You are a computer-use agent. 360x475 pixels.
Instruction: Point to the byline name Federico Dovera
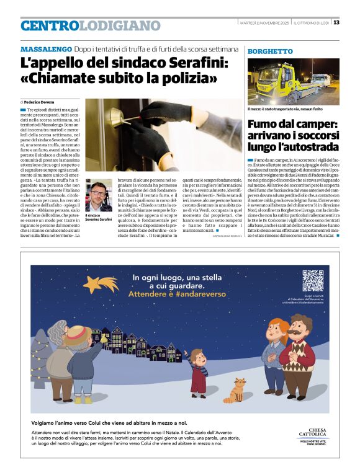(x=40, y=101)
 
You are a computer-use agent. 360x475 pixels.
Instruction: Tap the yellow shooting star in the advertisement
(x=99, y=285)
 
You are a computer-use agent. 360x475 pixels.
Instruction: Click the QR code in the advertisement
(x=313, y=281)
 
